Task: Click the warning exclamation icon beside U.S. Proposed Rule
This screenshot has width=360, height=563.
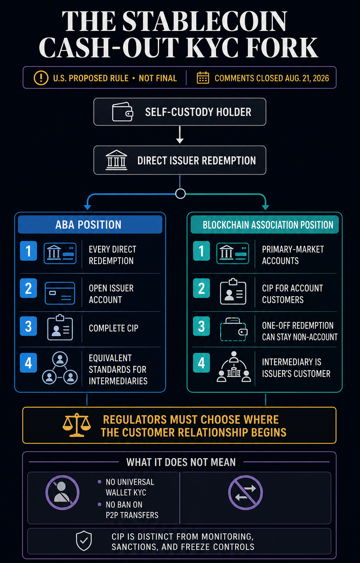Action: point(41,78)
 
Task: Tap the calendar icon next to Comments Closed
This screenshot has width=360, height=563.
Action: point(203,78)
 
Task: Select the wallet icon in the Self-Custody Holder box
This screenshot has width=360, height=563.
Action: point(123,112)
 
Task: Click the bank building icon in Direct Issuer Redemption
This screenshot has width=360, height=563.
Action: point(116,160)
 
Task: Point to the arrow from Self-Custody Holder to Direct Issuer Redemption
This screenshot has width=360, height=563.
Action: point(179,135)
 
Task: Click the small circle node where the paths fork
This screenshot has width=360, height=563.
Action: point(181,194)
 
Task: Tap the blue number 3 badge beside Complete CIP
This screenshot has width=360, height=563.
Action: point(28,326)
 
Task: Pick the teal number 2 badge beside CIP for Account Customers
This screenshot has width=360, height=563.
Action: point(201,288)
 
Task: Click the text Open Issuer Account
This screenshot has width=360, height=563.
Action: point(111,294)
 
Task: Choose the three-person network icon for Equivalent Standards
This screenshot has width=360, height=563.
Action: point(60,368)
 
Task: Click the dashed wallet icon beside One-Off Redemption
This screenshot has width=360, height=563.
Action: point(234,330)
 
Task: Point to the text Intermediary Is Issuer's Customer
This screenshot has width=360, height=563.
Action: point(296,368)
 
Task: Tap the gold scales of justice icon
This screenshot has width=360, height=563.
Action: point(76,425)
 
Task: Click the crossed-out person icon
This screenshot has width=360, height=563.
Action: point(62,493)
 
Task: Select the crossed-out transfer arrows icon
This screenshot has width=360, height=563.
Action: point(246,493)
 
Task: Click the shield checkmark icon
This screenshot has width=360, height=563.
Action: point(84,541)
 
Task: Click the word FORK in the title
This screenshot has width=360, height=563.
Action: point(282,47)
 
